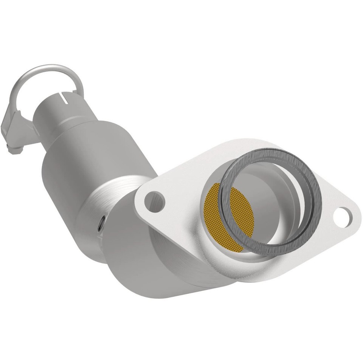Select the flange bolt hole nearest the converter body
(x=155, y=201)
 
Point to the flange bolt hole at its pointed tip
(x=343, y=217)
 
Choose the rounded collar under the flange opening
(x=212, y=261)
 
